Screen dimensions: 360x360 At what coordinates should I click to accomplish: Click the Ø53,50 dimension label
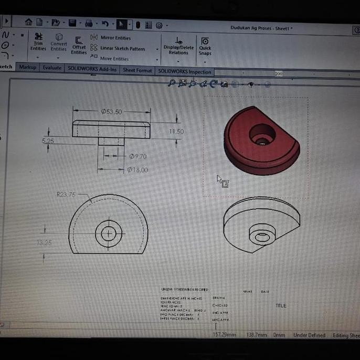[111, 112]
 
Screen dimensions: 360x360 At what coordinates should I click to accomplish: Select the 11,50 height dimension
[176, 132]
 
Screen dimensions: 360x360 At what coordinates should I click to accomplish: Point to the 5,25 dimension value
[48, 141]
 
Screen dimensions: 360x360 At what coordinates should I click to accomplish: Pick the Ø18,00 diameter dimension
[137, 170]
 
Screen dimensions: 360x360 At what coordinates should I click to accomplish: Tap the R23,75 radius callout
[66, 194]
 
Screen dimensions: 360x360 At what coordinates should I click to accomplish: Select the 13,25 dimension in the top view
[44, 242]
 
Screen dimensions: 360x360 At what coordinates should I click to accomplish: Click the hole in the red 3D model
[262, 135]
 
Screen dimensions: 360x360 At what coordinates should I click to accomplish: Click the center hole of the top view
[109, 233]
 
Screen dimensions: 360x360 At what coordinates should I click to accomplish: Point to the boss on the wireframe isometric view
[262, 236]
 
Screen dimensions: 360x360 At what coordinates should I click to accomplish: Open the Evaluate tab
[52, 68]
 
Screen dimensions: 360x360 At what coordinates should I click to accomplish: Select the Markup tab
[28, 67]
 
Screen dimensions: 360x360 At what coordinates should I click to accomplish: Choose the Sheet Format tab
[137, 70]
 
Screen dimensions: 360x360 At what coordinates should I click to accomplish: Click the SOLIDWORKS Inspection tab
[184, 72]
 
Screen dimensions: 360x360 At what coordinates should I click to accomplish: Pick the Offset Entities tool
[79, 45]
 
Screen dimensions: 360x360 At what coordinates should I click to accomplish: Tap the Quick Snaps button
[205, 46]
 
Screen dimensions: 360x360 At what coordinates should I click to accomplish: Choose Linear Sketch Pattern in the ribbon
[122, 49]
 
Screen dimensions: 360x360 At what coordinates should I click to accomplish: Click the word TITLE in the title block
[281, 305]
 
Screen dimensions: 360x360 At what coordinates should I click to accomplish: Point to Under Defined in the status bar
[309, 335]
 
